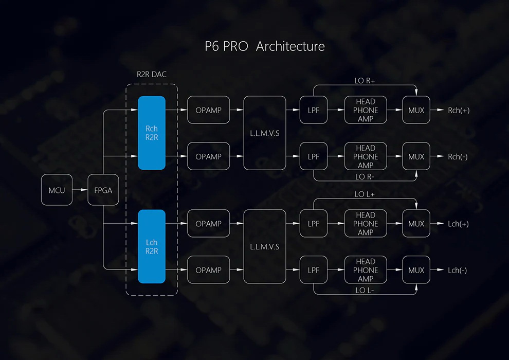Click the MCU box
(x=57, y=190)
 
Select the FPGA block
(x=103, y=190)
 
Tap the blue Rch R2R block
(x=152, y=133)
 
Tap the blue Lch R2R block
(x=152, y=246)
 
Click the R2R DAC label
(x=152, y=74)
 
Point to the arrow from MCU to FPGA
(x=80, y=190)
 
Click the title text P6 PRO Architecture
(x=265, y=46)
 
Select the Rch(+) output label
(x=458, y=110)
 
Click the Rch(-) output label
(x=458, y=156)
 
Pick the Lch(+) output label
(x=458, y=224)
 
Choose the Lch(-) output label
(x=458, y=270)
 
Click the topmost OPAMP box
(x=208, y=110)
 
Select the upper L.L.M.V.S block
(x=264, y=133)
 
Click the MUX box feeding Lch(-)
(x=416, y=270)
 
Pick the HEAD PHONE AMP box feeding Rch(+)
(x=366, y=110)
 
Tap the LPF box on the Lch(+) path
(x=313, y=224)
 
